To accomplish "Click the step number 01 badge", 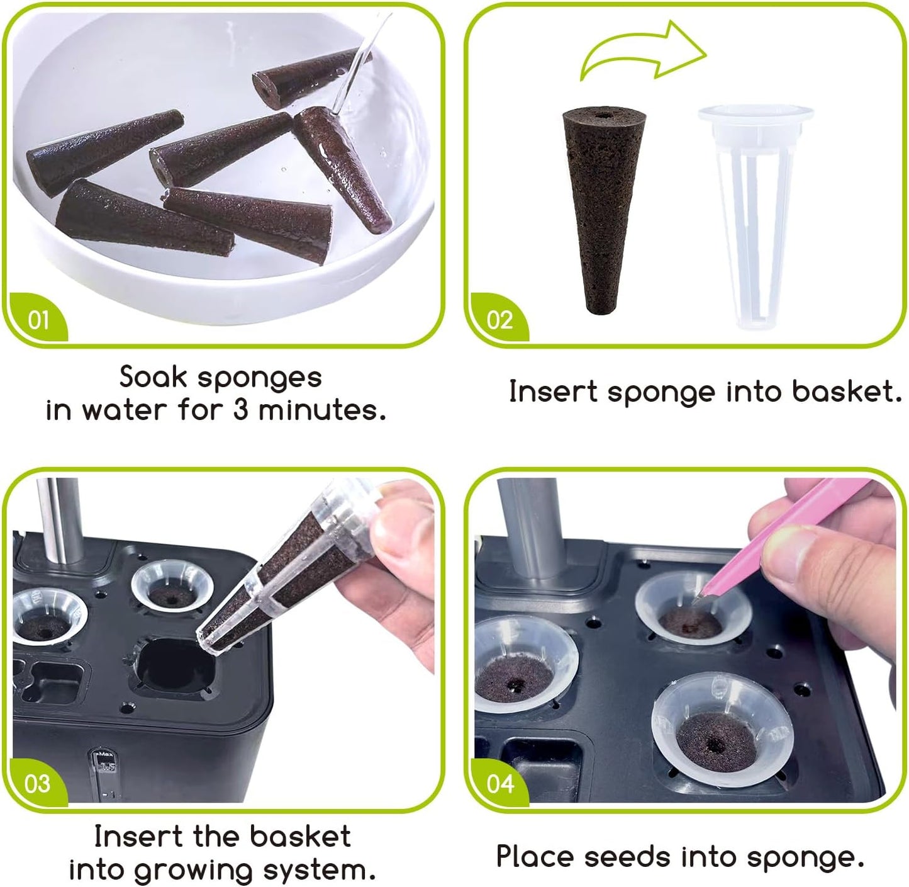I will [x=38, y=320].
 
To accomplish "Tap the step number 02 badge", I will [x=499, y=320].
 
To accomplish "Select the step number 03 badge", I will [x=37, y=784].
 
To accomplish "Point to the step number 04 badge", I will [x=500, y=784].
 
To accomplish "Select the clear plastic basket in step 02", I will [x=754, y=214].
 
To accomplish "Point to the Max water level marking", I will [x=105, y=755].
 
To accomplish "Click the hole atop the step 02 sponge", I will [x=606, y=116].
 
